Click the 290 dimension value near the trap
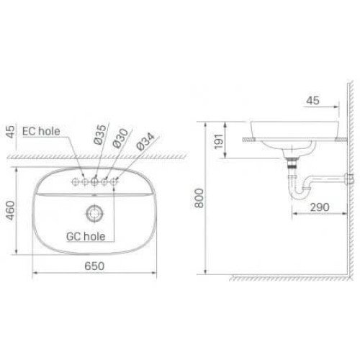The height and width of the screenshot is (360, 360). [x=319, y=207]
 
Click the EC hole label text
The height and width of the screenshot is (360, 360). [x=45, y=132]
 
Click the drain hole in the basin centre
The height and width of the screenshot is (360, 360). [x=94, y=212]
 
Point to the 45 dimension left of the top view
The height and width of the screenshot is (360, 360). [x=9, y=132]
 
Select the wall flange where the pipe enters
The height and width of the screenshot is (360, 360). [x=349, y=176]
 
